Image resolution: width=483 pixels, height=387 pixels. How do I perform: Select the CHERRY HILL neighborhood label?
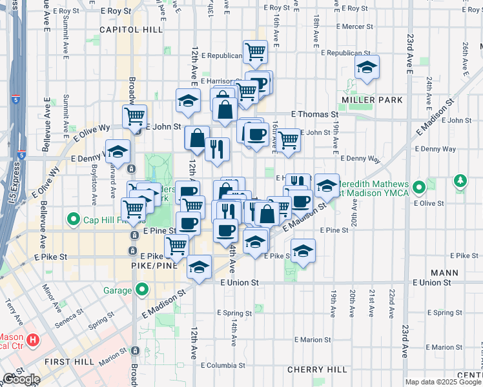tap(308, 370)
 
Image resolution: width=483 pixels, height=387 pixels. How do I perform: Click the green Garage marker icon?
tap(141, 290)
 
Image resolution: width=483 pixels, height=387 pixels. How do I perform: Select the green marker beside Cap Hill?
tap(74, 219)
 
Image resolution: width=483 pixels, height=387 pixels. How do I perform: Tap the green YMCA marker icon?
tap(419, 188)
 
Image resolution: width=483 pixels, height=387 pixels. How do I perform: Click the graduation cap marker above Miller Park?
tap(367, 67)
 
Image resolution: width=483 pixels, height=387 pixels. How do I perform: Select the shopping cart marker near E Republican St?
tap(256, 52)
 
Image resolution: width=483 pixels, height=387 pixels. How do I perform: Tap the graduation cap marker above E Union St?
tap(200, 266)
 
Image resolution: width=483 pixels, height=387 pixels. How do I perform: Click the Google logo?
tap(21, 380)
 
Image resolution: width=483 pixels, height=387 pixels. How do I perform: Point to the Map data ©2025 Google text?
tap(443, 382)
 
